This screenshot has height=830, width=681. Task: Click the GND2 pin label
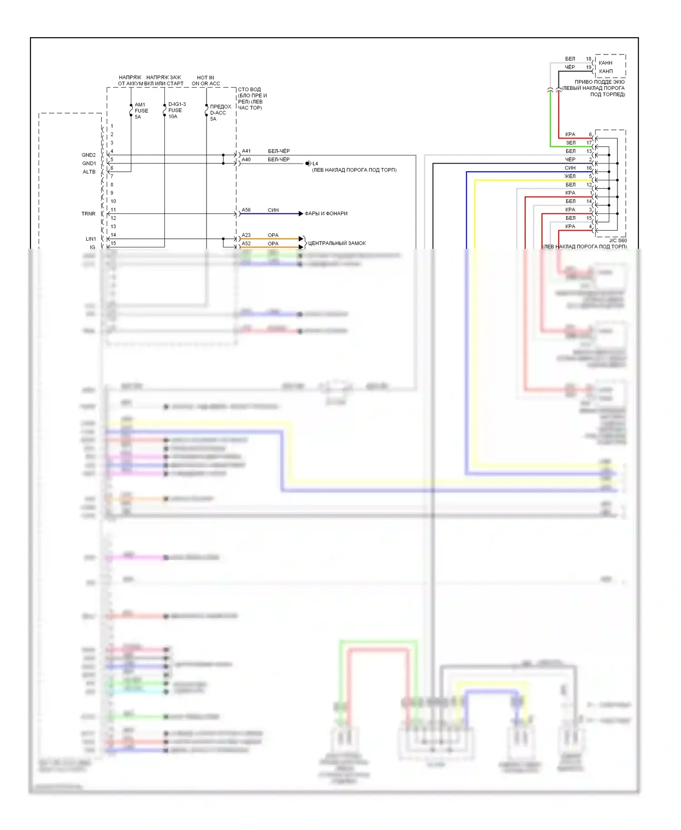89,155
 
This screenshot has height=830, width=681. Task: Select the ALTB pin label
89,172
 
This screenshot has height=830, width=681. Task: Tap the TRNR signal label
89,213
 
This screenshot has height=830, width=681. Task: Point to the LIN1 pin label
91,239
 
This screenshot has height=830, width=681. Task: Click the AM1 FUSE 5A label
141,111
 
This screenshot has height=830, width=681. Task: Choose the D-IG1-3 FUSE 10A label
177,110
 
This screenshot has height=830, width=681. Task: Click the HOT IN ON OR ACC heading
206,80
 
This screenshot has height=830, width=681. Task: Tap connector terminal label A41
246,151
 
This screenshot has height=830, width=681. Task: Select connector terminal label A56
246,210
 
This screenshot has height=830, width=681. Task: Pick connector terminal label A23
246,235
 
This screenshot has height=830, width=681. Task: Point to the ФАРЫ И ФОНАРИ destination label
326,213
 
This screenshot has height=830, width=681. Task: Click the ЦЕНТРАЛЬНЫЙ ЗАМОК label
337,243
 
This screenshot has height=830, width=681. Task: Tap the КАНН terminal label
606,63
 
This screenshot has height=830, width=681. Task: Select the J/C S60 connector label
617,241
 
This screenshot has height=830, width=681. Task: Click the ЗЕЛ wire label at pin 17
571,143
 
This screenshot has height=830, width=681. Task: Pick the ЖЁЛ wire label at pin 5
570,176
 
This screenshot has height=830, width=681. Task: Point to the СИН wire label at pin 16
570,168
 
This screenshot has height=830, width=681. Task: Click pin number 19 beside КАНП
588,67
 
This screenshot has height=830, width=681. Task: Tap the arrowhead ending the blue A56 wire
301,213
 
